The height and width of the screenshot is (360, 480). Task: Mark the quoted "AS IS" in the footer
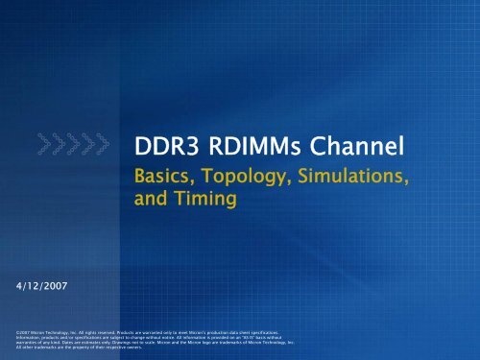pos(249,335)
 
